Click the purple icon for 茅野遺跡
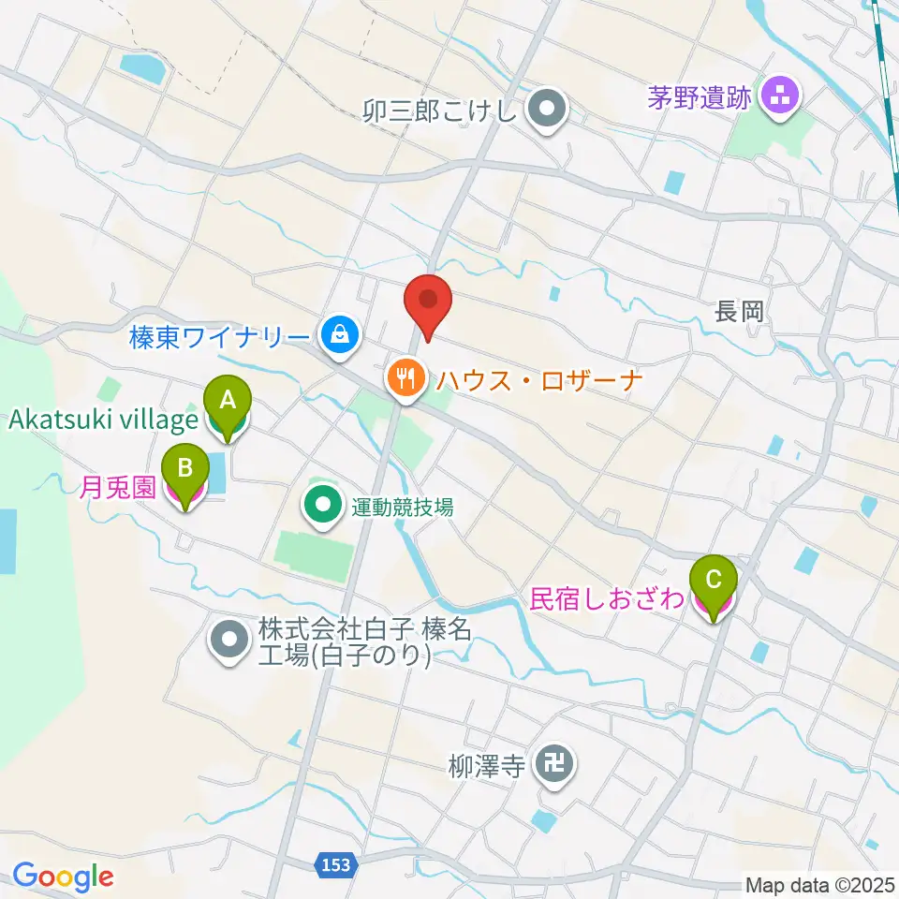point(779,94)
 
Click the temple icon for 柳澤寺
point(553,767)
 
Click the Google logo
point(63,877)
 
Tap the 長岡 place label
point(741,312)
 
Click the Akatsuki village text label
point(102,420)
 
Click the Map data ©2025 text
point(819,884)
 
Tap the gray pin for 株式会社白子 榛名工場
point(230,641)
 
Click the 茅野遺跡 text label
point(700,96)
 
